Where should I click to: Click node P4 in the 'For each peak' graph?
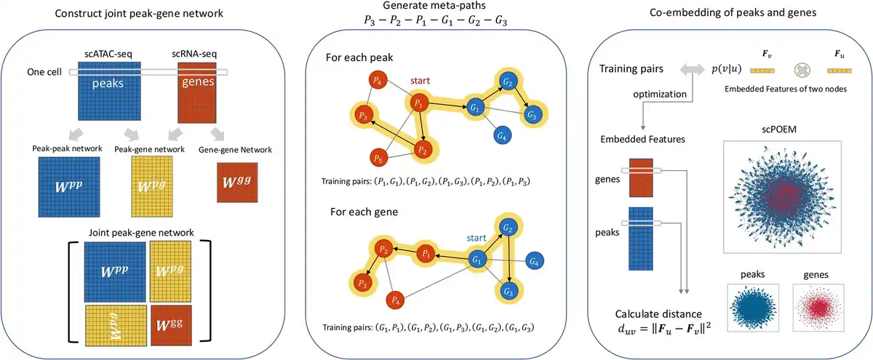point(376,80)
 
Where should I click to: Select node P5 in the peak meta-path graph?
point(376,158)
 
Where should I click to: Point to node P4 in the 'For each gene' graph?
point(395,298)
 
